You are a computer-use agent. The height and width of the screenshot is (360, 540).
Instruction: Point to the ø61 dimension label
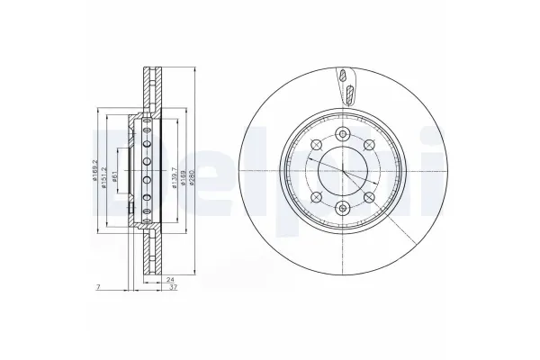[117, 168]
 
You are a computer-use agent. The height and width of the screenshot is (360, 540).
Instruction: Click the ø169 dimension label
[177, 168]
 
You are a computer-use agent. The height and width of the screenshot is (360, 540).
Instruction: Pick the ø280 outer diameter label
[191, 168]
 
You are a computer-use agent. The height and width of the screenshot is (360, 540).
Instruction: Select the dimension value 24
[170, 279]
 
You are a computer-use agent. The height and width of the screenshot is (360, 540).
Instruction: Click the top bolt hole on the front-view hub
[343, 134]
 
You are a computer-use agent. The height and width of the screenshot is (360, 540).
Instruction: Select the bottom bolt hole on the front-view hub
[343, 209]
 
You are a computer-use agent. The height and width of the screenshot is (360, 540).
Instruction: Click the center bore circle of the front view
[343, 171]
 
